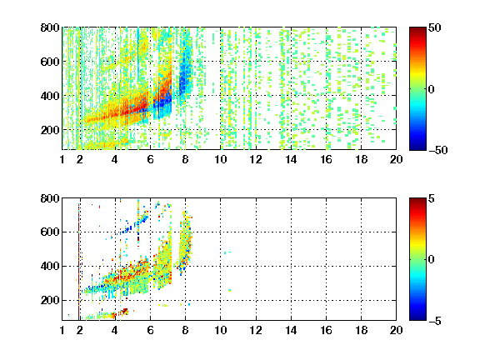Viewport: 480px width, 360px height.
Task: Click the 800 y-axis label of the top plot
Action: [50, 27]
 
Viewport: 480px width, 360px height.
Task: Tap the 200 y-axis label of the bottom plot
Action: [50, 300]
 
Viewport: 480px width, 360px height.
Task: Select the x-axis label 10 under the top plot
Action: [220, 159]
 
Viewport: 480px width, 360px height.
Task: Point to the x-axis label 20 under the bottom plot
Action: [396, 330]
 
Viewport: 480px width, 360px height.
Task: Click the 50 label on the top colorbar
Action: [435, 27]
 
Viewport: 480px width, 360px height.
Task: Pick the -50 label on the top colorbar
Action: [438, 150]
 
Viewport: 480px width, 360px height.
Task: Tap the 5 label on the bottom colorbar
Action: [432, 198]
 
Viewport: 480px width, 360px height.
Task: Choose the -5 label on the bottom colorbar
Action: [435, 321]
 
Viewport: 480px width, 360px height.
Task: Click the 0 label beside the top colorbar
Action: [432, 89]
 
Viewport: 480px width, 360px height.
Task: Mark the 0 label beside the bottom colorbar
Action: [432, 260]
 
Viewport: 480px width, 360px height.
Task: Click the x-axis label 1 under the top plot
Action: [62, 159]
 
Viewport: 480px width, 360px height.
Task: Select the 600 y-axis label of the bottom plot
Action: [50, 232]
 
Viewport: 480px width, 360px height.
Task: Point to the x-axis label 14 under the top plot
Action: [291, 159]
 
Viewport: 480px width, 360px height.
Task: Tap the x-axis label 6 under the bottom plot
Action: [150, 330]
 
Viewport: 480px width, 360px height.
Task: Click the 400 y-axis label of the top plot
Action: [50, 96]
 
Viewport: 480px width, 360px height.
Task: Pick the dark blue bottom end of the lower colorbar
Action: [417, 318]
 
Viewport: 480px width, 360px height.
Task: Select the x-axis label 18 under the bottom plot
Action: [361, 330]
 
